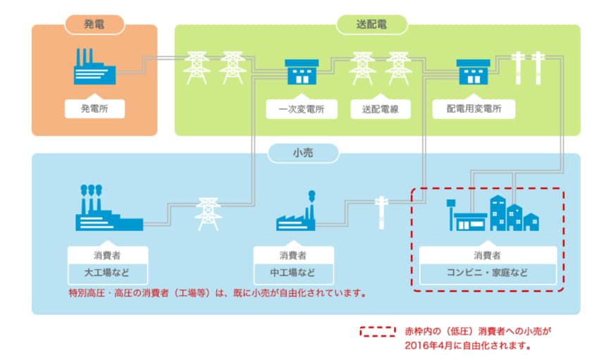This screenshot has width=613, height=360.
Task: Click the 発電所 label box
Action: (x=94, y=108)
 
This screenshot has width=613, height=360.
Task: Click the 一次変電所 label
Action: (x=301, y=109)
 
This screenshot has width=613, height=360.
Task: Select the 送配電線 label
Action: (x=380, y=109)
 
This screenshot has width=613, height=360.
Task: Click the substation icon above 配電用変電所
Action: (x=473, y=71)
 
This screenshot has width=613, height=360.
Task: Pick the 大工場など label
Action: (x=108, y=273)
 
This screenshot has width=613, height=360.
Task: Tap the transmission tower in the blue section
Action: (x=207, y=213)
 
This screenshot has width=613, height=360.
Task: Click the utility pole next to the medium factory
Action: (x=381, y=211)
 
